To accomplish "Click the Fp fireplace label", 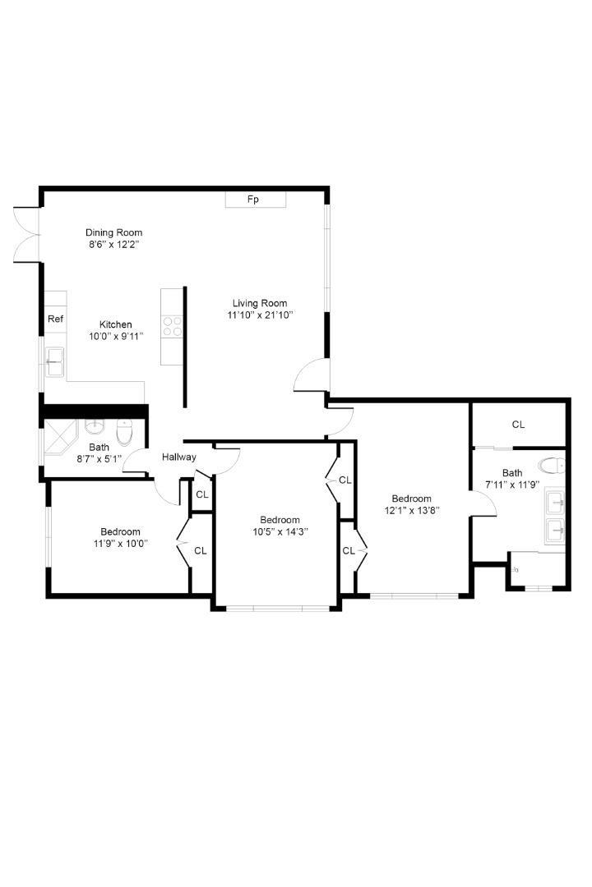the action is coord(253,199).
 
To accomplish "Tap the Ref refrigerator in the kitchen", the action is coord(56,319).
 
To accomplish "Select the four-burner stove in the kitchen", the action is coord(172,326).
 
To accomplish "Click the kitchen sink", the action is coord(55,362).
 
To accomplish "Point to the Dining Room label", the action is coord(113,232).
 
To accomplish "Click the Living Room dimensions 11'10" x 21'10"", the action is coord(260,315).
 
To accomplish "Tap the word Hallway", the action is coord(179,457).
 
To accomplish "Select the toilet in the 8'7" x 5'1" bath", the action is coord(123,432).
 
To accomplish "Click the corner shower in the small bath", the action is coord(60,437).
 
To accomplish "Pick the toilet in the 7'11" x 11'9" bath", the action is coord(552,466).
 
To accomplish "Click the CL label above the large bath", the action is coord(518,425).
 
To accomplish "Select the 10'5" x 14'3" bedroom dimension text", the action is coord(280,531).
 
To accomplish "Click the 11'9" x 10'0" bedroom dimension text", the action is coord(121,544).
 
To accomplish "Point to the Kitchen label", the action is coord(116,324).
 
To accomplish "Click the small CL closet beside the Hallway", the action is coord(202,494).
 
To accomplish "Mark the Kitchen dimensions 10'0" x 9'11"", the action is coord(116,337).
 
